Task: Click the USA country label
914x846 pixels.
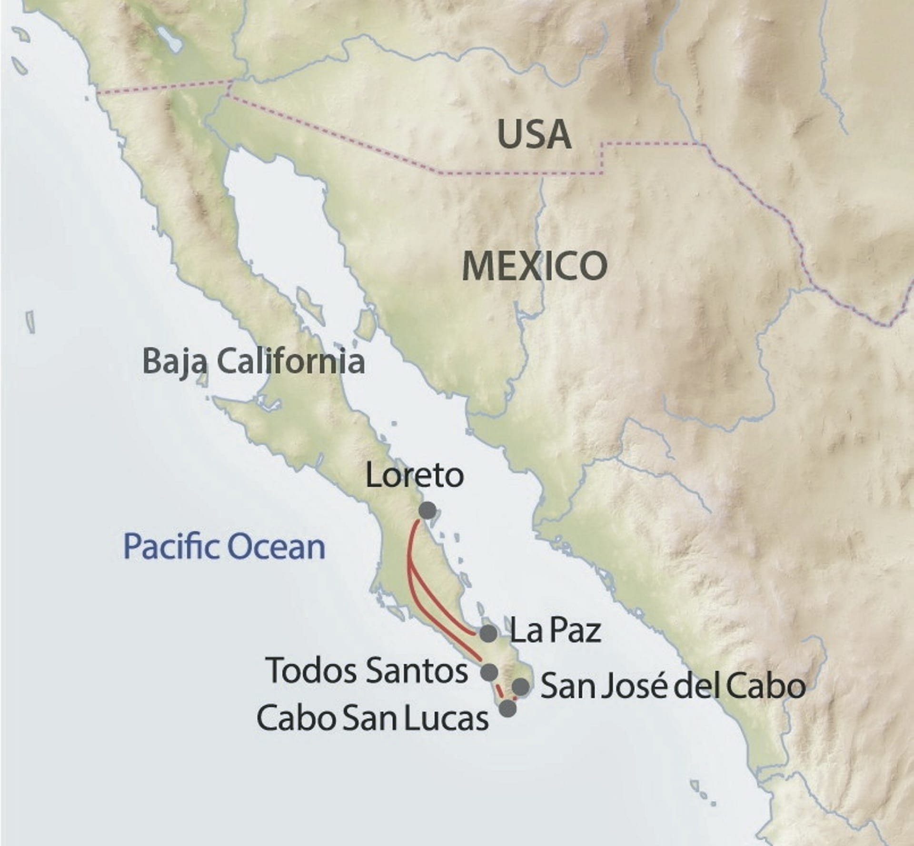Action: (x=534, y=134)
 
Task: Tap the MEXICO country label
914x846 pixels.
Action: (x=534, y=266)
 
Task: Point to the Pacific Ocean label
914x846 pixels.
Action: (x=224, y=547)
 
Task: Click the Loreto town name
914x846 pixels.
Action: (x=414, y=476)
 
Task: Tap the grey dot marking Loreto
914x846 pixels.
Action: (x=427, y=510)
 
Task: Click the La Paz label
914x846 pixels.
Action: (x=555, y=630)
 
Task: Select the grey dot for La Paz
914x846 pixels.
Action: (x=488, y=634)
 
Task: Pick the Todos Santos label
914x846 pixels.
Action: (x=367, y=670)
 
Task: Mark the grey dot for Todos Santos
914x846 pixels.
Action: (x=489, y=672)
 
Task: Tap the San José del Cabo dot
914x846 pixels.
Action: (x=520, y=687)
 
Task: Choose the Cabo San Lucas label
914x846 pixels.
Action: (x=372, y=718)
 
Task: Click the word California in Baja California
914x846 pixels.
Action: (x=290, y=361)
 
